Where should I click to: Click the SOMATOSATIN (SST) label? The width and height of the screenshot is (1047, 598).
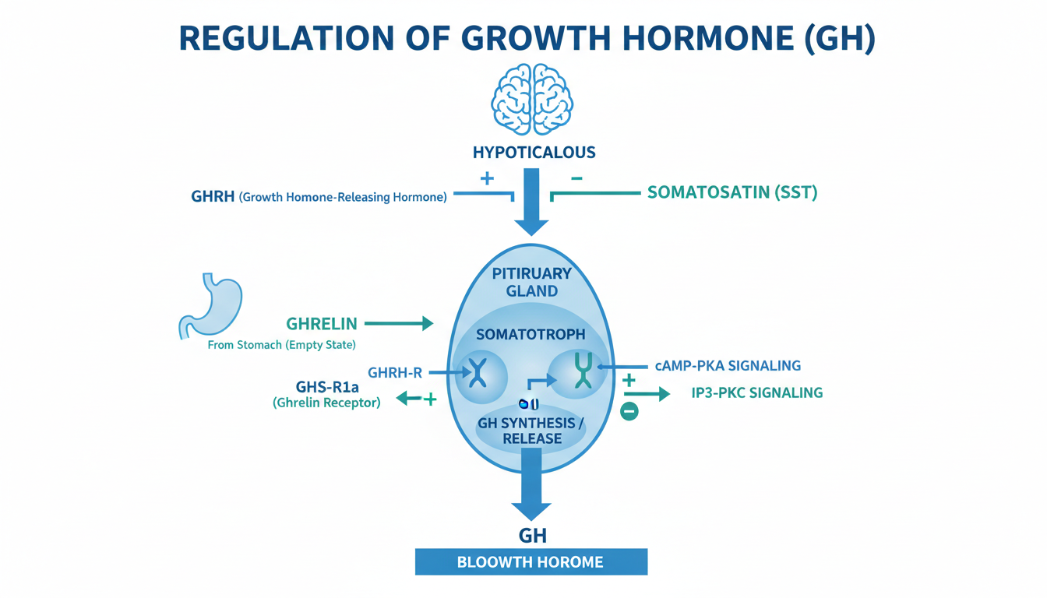point(732,192)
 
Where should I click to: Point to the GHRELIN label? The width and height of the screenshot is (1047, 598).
point(322,324)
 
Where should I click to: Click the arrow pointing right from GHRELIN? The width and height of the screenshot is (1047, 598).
point(398,323)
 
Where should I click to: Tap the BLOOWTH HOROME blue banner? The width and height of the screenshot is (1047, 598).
point(531,561)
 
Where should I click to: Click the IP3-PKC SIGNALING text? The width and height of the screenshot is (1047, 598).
point(757,392)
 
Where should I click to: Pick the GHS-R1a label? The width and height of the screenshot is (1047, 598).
point(327,387)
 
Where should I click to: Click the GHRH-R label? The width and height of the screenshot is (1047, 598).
point(395,373)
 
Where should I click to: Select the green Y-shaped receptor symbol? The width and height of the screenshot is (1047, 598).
point(583,370)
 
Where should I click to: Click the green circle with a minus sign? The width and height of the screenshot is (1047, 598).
point(629,410)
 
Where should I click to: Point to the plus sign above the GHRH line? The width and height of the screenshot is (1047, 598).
point(487,178)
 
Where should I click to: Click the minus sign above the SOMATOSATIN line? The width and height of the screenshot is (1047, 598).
point(576,178)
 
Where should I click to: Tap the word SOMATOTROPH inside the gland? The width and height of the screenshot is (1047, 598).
point(530,334)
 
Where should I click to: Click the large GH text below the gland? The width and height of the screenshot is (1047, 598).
point(532,535)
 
